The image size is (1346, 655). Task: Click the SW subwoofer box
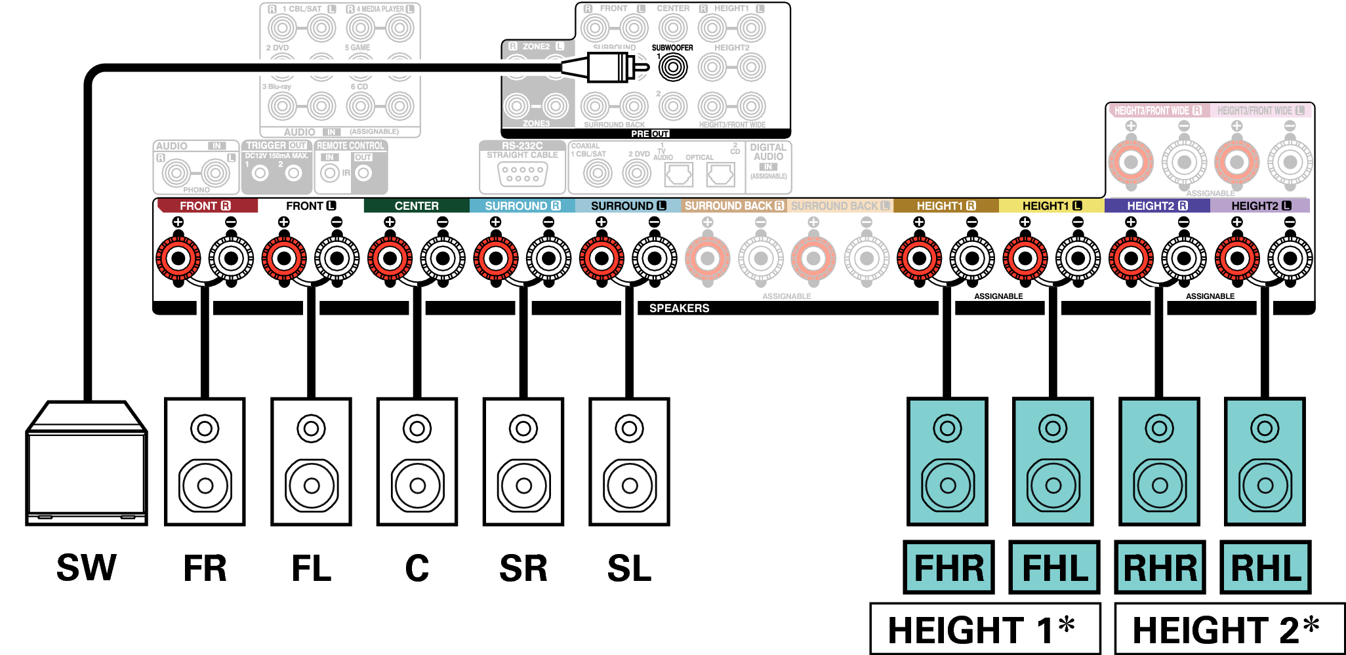coord(87,469)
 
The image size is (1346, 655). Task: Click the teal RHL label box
coord(1265,567)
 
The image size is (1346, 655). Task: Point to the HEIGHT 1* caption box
coord(985,629)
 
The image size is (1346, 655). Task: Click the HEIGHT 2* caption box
coord(1229,629)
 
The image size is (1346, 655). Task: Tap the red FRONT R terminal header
coord(206,206)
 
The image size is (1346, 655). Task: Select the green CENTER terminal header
coord(417,206)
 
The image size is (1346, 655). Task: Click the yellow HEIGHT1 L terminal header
coord(1051,206)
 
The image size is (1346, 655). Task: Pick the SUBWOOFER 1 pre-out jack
coord(672,67)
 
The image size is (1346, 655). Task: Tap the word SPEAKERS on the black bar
coord(679,308)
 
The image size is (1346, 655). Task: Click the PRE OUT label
coord(650,134)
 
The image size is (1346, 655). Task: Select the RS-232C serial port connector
coord(522,174)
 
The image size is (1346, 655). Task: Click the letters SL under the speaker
coord(629,568)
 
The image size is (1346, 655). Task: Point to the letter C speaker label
coord(417,568)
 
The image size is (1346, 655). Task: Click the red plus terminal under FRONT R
coord(178,258)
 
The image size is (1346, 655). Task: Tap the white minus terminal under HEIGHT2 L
coord(1290,258)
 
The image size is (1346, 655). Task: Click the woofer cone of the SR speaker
coord(523,486)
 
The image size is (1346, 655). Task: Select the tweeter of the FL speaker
coord(311,429)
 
